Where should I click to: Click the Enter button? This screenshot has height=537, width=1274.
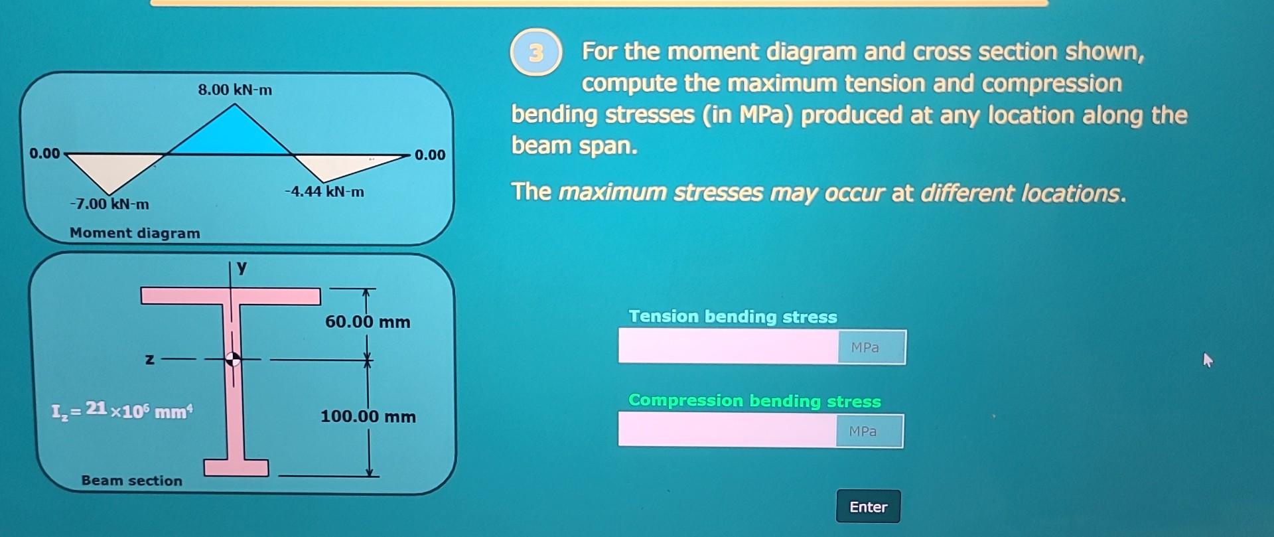(x=868, y=506)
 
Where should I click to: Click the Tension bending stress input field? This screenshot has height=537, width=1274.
(x=728, y=346)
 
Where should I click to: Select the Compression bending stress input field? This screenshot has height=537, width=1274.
(x=727, y=431)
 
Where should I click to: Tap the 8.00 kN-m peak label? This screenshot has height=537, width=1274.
(x=235, y=90)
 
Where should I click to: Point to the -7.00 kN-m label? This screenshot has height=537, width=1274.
(x=109, y=204)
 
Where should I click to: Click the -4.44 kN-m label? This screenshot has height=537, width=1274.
(x=324, y=192)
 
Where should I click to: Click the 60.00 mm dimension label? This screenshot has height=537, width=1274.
(x=368, y=322)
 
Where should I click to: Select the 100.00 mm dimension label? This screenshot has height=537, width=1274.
(x=368, y=417)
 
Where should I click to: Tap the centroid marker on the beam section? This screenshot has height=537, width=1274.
(x=233, y=359)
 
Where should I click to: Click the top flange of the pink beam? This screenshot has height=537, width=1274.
(x=230, y=296)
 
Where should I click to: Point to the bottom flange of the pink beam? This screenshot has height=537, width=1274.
(x=236, y=467)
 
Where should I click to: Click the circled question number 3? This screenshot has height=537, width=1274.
(x=536, y=52)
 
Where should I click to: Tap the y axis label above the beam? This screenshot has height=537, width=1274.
(x=242, y=267)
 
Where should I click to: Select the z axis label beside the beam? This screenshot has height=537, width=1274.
(x=150, y=359)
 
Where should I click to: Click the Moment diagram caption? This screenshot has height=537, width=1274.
(x=135, y=233)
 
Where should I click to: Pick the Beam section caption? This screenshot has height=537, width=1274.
(x=131, y=481)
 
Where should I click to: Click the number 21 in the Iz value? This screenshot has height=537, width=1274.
(x=96, y=408)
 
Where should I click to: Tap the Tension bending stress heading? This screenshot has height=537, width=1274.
(x=733, y=317)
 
